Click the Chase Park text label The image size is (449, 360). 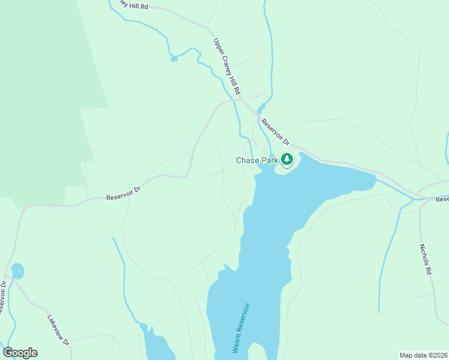coord(256,160)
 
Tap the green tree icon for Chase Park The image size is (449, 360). coord(287,159)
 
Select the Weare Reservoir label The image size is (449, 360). coord(240,328)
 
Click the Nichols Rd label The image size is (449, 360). coord(426,259)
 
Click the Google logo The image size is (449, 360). coord(20,353)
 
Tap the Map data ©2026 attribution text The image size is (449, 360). coord(423,355)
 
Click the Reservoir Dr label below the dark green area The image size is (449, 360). coord(123,193)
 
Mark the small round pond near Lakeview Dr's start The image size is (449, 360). coord(17,271)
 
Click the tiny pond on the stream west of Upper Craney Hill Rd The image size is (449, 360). coord(174,58)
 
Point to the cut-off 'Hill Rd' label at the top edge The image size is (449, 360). coord(133,5)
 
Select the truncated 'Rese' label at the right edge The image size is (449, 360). coord(442,199)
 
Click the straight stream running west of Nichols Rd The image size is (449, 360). coord(387,258)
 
